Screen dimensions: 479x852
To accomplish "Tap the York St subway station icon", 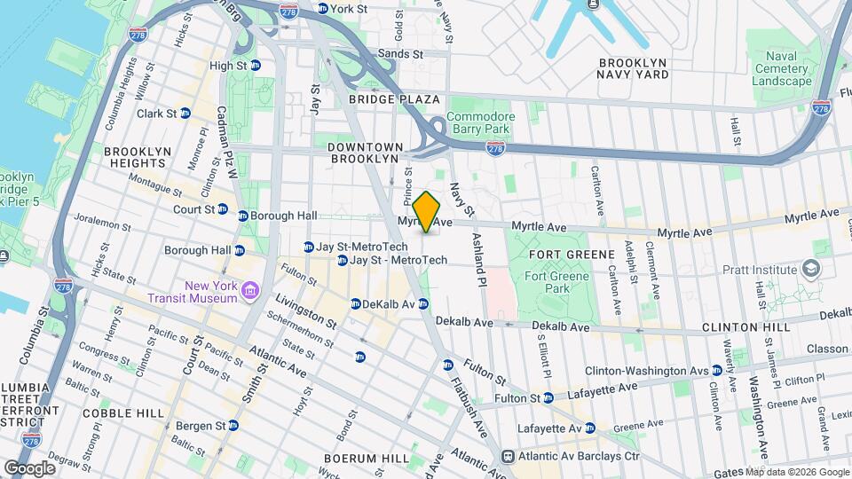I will tap(322, 8).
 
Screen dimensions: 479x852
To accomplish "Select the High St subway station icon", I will tap(255, 66).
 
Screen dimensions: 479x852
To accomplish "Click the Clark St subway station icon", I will tap(185, 114).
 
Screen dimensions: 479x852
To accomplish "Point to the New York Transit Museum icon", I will tap(250, 291).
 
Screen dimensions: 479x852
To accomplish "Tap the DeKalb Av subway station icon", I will tap(355, 303).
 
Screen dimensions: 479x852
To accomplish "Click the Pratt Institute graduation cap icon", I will tap(809, 267).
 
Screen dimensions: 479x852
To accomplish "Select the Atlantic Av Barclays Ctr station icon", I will tap(507, 456).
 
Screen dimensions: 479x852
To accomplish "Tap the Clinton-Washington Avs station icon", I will tap(715, 370).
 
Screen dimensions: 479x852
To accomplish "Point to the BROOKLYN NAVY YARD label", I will tap(645, 69).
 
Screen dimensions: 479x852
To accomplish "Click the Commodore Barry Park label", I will tap(480, 122).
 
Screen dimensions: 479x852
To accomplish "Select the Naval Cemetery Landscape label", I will tap(781, 68).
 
